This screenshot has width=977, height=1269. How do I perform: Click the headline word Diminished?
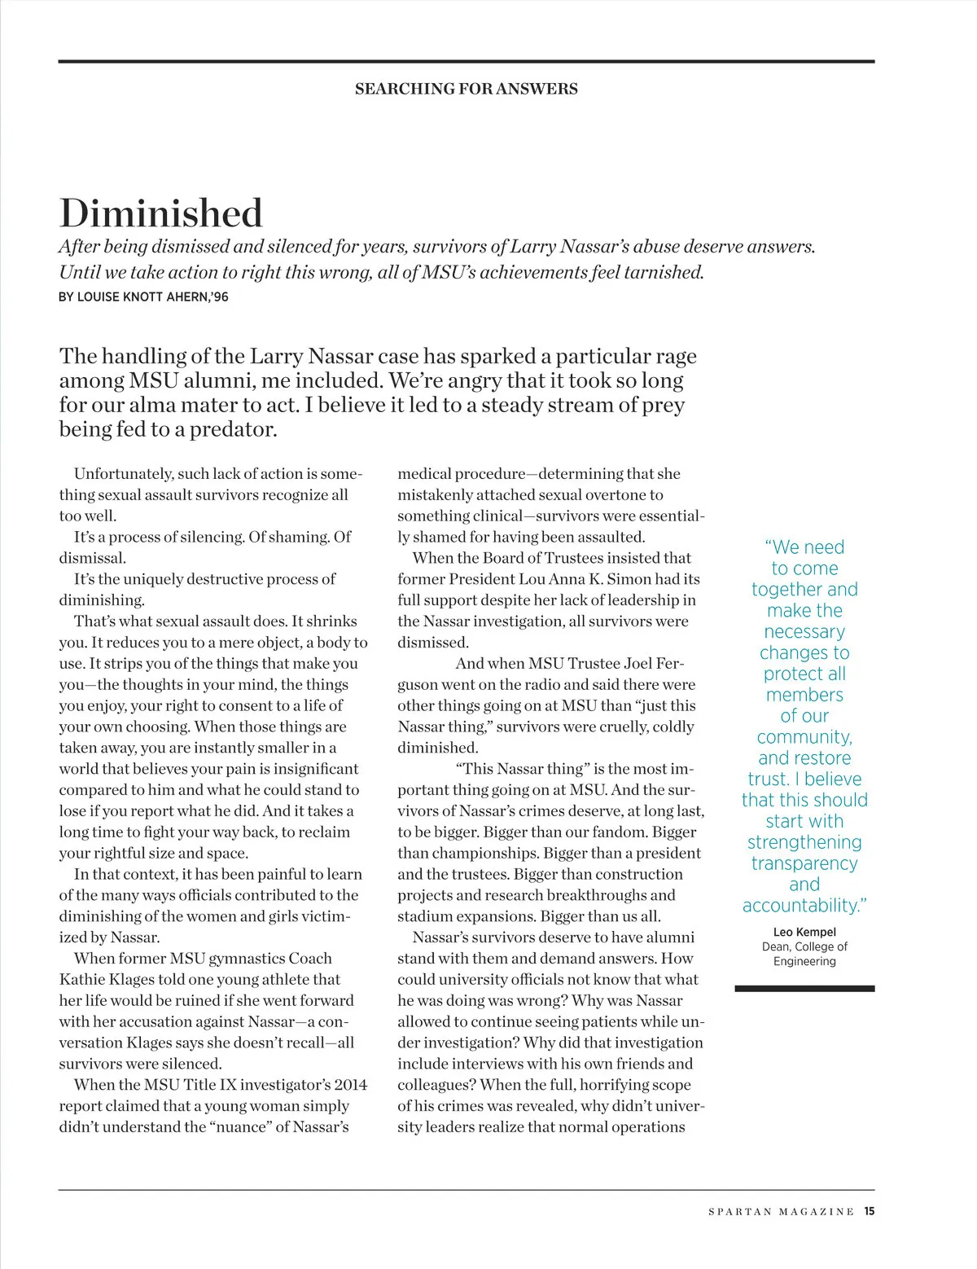coord(161,213)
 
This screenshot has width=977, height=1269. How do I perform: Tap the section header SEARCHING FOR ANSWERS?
coord(466,89)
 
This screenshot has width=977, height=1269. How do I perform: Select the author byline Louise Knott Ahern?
coord(143,297)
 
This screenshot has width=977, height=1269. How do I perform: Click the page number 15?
coord(870,1211)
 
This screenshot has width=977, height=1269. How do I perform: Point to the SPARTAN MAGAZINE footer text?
coord(781,1212)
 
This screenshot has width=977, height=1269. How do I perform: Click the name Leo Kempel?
coord(804,932)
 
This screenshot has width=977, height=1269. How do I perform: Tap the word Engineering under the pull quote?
coord(804,961)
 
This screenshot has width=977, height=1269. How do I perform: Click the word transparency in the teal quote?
coord(804,863)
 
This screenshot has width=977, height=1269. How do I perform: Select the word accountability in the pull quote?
coord(802,906)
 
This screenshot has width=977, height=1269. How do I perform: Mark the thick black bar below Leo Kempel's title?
coord(804,989)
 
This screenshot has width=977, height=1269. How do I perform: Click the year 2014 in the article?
coord(350,1085)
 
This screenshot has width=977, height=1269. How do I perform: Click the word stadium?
coord(423,916)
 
